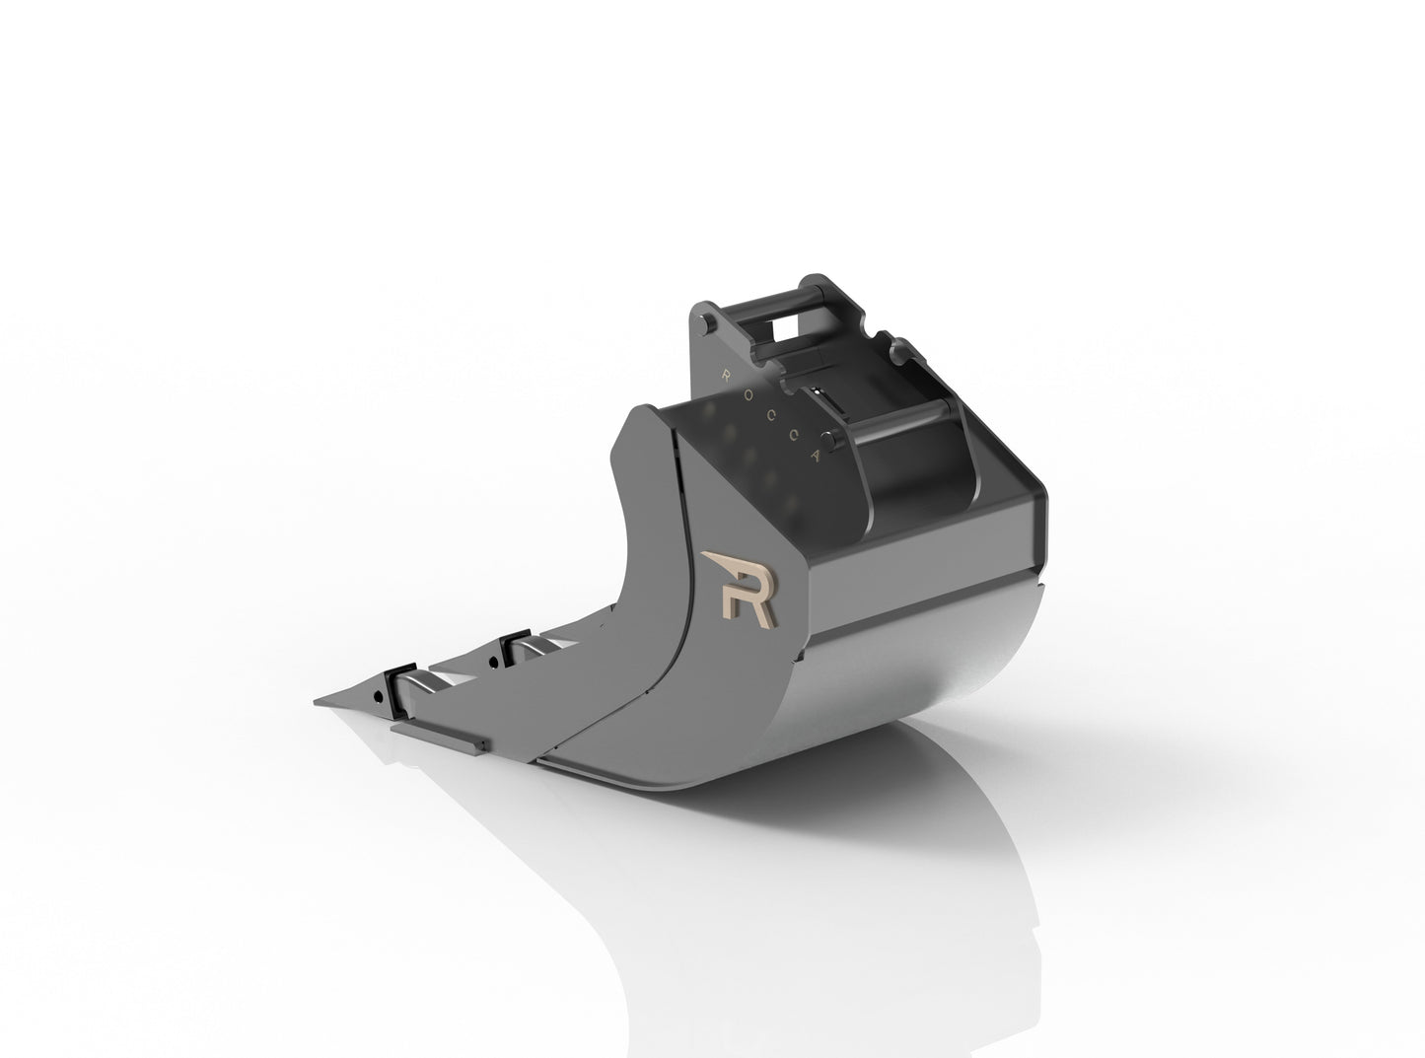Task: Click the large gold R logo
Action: pyautogui.click(x=740, y=589)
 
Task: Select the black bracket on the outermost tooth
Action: pyautogui.click(x=400, y=689)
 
